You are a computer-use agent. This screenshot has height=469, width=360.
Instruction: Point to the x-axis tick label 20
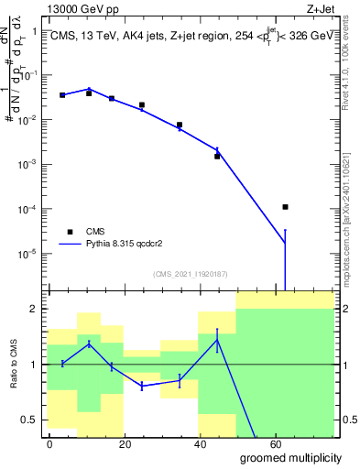[x=124, y=443]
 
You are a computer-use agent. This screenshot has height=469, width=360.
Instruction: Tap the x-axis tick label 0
[x=49, y=443]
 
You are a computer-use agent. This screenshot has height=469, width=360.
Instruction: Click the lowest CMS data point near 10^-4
[x=286, y=207]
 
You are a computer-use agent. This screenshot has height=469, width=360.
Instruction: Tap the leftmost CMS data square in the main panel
[x=62, y=95]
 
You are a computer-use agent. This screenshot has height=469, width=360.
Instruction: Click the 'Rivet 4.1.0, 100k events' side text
[x=352, y=64]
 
